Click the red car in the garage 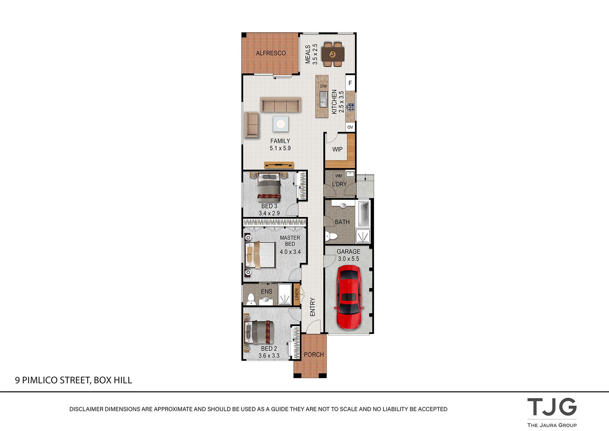coord(349,297)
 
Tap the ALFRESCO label coord(271,53)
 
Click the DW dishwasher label coord(323,86)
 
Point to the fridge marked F coord(350,83)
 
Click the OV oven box coord(350,127)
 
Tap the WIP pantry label coord(337,149)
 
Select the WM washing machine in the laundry coord(339,176)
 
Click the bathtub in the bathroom coord(363,213)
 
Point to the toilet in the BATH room coord(331,236)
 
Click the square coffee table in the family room coord(280,124)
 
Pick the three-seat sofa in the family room coord(281,105)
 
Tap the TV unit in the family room coord(279,165)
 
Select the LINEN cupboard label coord(297,294)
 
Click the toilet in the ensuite coord(251,299)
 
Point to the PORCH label coord(314,354)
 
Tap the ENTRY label coord(312,307)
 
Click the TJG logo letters coord(552,407)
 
